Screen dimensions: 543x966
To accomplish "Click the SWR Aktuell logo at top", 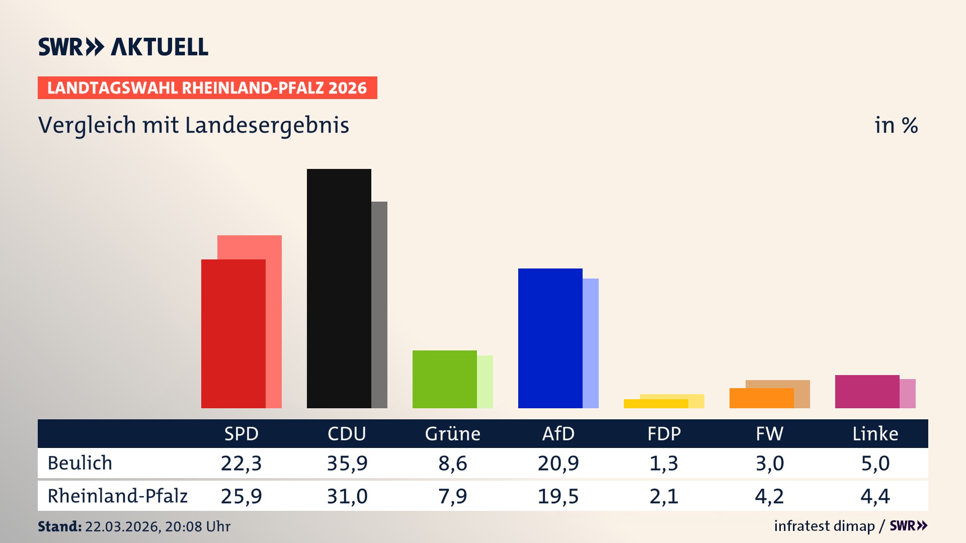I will [x=123, y=47].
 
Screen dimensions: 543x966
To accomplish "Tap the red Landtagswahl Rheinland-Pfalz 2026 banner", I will [x=207, y=88].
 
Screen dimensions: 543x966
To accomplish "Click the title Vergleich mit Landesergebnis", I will [x=194, y=125].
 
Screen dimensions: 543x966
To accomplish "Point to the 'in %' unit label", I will [x=896, y=125].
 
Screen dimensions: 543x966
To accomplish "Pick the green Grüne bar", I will [x=444, y=379].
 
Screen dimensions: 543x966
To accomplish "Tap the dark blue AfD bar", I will [x=550, y=338].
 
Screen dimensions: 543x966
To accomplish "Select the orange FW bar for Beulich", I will [x=761, y=398].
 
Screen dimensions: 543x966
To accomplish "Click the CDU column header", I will [x=347, y=434].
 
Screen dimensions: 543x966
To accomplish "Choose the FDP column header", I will [x=664, y=434].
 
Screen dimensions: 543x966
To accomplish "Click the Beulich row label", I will [x=80, y=463].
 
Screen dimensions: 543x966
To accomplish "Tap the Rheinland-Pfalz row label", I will [x=117, y=496].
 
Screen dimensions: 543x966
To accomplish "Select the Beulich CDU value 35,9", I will [x=347, y=463].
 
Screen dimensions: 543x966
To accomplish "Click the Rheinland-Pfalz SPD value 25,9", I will [x=242, y=496].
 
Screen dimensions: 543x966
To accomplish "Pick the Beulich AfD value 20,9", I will [x=558, y=463].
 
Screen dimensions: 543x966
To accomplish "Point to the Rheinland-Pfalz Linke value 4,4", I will [x=875, y=496].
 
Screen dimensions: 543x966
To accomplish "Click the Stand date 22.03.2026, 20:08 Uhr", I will [x=157, y=526].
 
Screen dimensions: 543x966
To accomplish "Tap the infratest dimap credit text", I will [x=824, y=526].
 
